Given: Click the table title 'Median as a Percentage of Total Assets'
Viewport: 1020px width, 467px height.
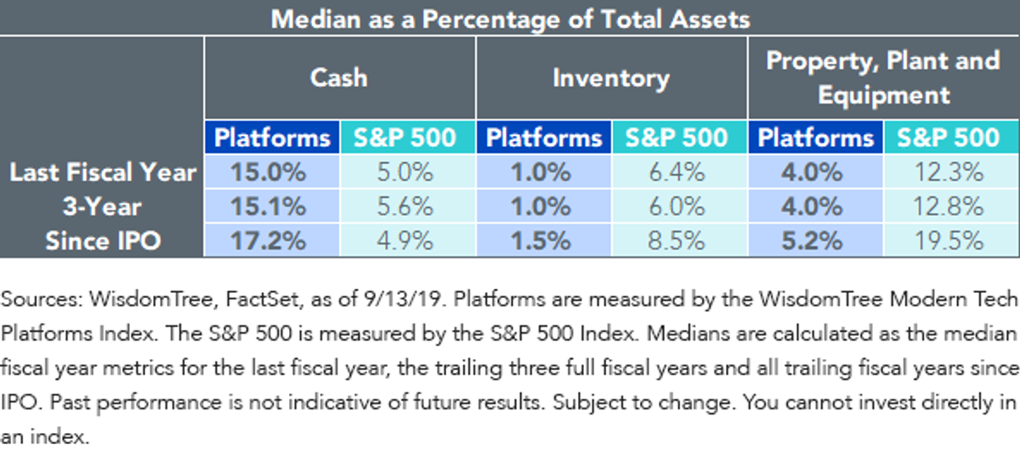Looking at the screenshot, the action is point(510,20).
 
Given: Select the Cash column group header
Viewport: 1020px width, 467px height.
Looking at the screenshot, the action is point(339,77).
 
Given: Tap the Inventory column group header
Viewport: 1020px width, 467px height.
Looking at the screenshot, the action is point(611,78).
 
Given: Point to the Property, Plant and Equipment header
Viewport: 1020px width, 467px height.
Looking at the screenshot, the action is point(883,78).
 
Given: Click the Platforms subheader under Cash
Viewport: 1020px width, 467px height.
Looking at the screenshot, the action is point(272,138).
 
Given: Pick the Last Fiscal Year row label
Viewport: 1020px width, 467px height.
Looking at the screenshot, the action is point(103,172).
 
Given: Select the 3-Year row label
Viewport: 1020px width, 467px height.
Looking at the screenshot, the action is point(102,206).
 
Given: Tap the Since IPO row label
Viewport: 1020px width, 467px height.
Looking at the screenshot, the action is point(103,240).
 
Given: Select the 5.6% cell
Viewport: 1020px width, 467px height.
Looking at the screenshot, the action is point(405,206).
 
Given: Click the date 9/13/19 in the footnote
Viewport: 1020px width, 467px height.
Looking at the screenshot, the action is point(405,299).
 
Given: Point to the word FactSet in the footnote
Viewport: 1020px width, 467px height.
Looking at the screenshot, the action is point(262,299).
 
